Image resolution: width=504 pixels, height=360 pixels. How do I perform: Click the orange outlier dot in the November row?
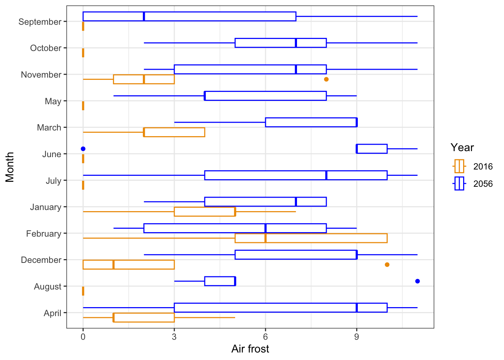click(326, 79)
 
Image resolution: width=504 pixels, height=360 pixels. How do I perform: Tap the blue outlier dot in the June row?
click(83, 149)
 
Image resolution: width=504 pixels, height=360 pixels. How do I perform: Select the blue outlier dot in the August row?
click(417, 281)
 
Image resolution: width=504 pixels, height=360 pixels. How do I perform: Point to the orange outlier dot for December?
click(387, 265)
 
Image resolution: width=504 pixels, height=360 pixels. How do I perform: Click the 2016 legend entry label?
click(483, 166)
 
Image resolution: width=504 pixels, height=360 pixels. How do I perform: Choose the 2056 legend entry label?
click(483, 184)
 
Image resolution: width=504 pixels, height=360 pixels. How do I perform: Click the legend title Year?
click(462, 147)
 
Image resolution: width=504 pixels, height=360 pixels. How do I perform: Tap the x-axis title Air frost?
click(250, 349)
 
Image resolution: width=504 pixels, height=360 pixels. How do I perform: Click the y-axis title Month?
click(10, 167)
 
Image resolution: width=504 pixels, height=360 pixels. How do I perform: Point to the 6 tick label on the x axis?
click(265, 337)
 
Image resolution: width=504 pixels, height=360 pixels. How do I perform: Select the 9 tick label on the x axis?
click(356, 337)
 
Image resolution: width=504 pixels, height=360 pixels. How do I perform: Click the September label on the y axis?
click(40, 22)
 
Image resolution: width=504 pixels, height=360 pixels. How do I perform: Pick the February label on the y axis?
click(43, 234)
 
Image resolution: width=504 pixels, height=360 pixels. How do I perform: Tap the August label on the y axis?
click(48, 286)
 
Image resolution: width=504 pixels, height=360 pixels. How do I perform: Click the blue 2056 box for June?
click(372, 149)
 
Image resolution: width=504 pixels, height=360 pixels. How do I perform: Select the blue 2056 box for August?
click(220, 281)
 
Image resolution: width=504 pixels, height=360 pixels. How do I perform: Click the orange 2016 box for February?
click(311, 238)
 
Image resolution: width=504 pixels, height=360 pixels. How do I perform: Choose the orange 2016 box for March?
click(174, 132)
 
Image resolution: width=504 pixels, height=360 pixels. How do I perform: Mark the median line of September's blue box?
click(144, 16)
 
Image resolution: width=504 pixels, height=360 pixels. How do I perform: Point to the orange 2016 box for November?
click(144, 79)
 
